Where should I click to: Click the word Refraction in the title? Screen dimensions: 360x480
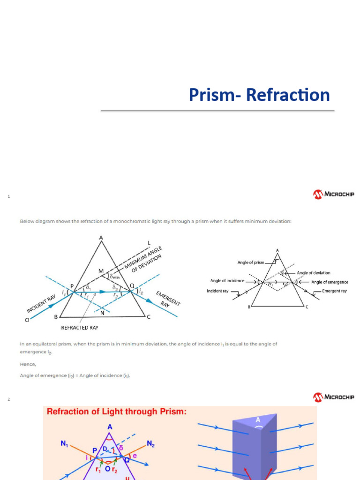(288, 95)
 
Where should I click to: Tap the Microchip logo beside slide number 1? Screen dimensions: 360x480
(334, 194)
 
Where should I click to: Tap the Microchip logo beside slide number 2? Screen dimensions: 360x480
(334, 397)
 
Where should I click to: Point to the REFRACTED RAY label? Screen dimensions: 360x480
(80, 328)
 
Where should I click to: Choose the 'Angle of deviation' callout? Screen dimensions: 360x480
(314, 273)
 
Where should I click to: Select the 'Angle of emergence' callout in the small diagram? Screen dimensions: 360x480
(330, 282)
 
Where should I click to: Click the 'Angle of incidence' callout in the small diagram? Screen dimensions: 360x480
(227, 281)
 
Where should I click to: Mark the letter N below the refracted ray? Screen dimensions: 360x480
(102, 313)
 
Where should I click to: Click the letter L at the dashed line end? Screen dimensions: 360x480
(149, 242)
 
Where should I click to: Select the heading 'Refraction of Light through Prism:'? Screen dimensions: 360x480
(116, 412)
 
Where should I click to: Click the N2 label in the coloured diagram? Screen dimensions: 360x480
(151, 443)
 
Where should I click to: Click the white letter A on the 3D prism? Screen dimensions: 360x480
(257, 420)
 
